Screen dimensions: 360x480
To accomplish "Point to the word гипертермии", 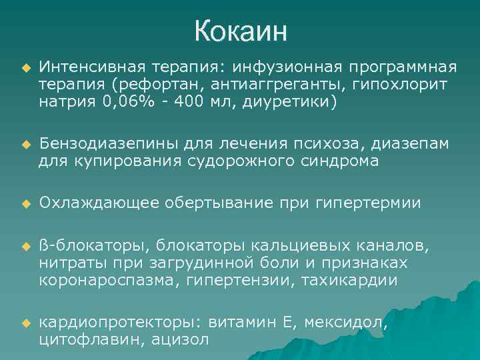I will (x=375, y=203).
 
